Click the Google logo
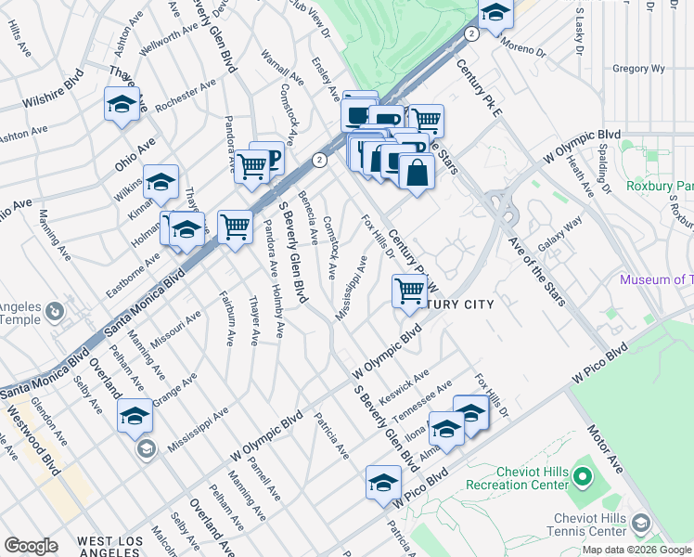pos(32,546)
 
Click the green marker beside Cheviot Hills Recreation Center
pos(583,478)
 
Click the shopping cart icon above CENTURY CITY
pos(409,291)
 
